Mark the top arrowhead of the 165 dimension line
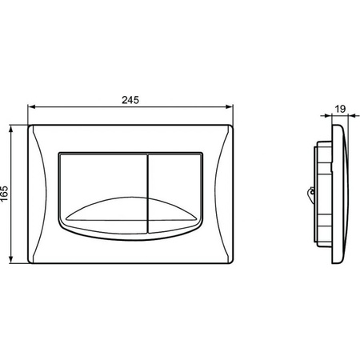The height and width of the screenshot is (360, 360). click(x=13, y=126)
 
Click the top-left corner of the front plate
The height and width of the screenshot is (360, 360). click(x=30, y=125)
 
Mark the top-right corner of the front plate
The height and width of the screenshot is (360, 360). click(x=232, y=125)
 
